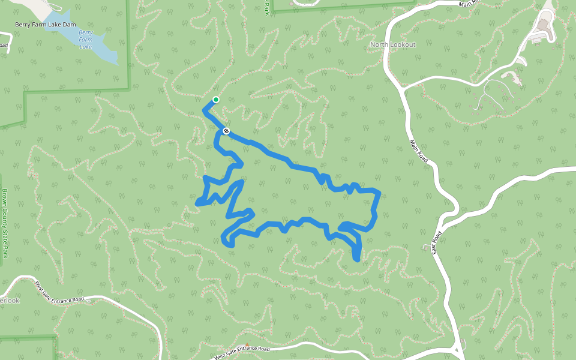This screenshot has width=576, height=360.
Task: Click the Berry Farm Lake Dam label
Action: click(x=46, y=25)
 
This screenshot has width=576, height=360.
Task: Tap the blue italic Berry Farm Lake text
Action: click(x=86, y=39)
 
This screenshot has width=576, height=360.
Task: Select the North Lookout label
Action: click(x=392, y=45)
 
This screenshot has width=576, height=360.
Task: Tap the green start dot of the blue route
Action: click(x=216, y=100)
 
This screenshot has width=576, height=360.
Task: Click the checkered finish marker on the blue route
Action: click(x=226, y=130)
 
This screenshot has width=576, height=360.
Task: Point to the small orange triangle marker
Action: click(x=247, y=345)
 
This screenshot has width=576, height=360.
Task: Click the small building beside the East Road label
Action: click(x=427, y=247)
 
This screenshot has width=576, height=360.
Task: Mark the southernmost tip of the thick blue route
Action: click(x=358, y=260)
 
